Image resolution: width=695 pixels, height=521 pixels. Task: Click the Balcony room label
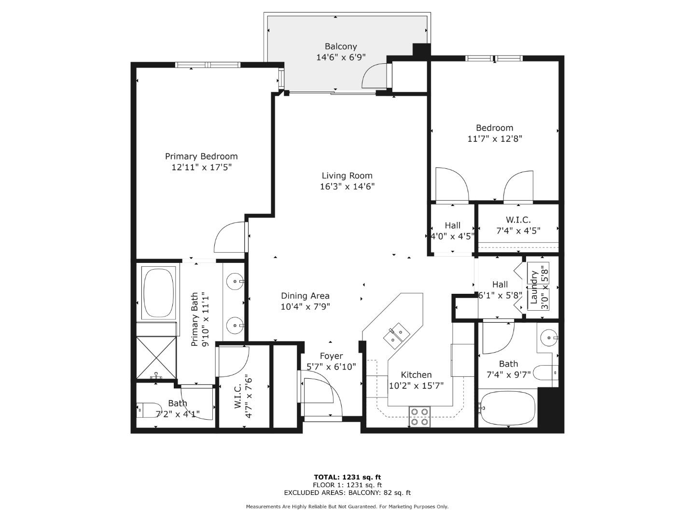coord(341,47)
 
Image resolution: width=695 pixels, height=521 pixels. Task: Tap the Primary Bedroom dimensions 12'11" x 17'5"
coord(201,167)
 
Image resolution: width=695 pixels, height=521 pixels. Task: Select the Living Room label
coord(347,176)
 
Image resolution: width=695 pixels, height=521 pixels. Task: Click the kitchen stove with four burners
coord(419,416)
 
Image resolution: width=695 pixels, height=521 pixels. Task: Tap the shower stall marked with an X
coord(157,357)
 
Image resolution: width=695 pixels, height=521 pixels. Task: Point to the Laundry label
coord(534,287)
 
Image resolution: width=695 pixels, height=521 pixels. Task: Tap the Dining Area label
coord(305,296)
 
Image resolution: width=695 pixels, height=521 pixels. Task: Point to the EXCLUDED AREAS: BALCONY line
coord(347,493)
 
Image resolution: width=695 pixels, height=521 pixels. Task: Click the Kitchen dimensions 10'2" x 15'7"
coord(416,385)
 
